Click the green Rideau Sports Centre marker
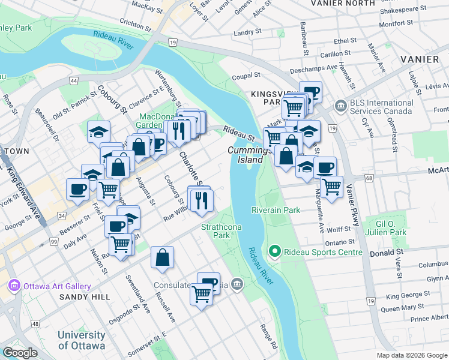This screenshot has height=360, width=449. pyautogui.click(x=275, y=251)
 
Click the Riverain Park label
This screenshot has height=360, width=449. pyautogui.click(x=276, y=211)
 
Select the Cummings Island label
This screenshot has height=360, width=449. pyautogui.click(x=246, y=155)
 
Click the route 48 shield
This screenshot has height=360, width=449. pyautogui.click(x=36, y=324)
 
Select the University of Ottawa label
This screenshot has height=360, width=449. pyautogui.click(x=82, y=340)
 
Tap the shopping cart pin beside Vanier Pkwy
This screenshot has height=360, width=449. pyautogui.click(x=331, y=187)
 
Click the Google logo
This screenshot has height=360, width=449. pyautogui.click(x=20, y=353)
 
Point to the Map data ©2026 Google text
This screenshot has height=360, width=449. pyautogui.click(x=411, y=355)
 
